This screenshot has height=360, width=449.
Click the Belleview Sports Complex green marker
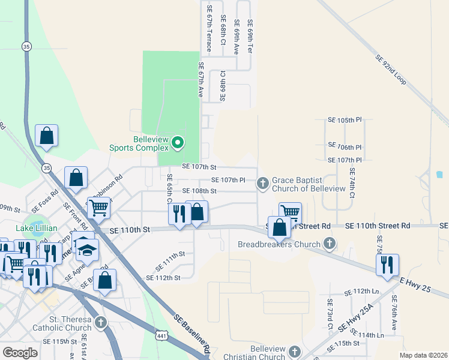pyautogui.click(x=178, y=143)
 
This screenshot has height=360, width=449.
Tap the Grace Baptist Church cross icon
pyautogui.click(x=262, y=182)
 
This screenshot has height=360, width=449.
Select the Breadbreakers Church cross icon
pyautogui.click(x=329, y=243)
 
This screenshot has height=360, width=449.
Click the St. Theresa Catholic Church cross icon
pyautogui.click(x=101, y=322)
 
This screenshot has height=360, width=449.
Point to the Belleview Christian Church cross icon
pyautogui.click(x=294, y=350)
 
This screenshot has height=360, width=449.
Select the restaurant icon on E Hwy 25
pyautogui.click(x=387, y=264)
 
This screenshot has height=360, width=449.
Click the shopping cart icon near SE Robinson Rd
pyautogui.click(x=99, y=208)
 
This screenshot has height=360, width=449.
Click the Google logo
pyautogui.click(x=19, y=352)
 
